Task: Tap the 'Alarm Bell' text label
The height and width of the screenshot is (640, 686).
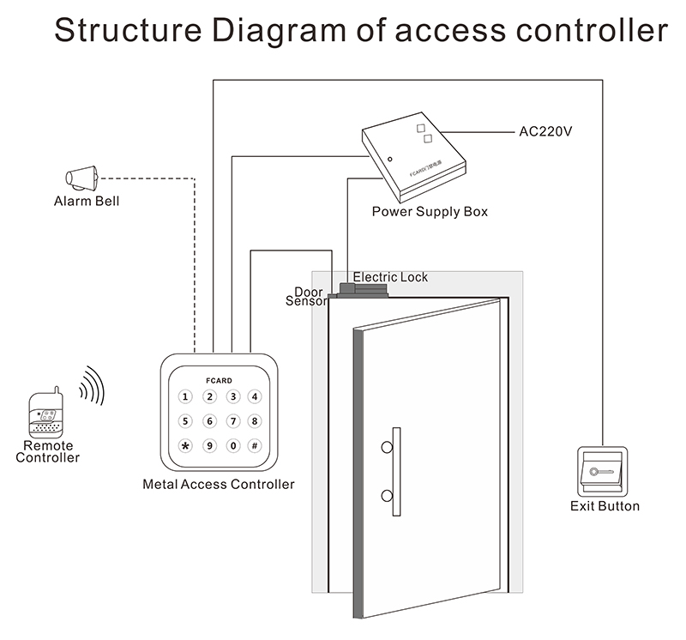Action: pyautogui.click(x=87, y=202)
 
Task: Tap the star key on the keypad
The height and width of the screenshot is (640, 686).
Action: pyautogui.click(x=186, y=445)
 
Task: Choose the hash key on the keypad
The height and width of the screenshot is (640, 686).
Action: pyautogui.click(x=255, y=445)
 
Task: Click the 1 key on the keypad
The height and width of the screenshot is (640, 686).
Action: pyautogui.click(x=186, y=397)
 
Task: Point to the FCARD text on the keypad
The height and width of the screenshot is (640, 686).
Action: pyautogui.click(x=220, y=379)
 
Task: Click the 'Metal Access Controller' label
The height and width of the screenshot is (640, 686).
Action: pyautogui.click(x=218, y=485)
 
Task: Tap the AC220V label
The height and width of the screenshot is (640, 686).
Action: pyautogui.click(x=545, y=132)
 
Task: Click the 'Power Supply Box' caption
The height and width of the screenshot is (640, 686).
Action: pyautogui.click(x=429, y=211)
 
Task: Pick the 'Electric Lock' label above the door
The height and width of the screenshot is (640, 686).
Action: pyautogui.click(x=390, y=277)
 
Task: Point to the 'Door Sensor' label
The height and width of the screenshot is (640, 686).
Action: pyautogui.click(x=307, y=297)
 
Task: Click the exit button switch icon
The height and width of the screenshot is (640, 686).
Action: pyautogui.click(x=605, y=472)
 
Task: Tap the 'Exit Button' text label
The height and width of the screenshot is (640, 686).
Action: pyautogui.click(x=605, y=506)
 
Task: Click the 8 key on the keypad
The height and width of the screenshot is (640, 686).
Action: pyautogui.click(x=255, y=421)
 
